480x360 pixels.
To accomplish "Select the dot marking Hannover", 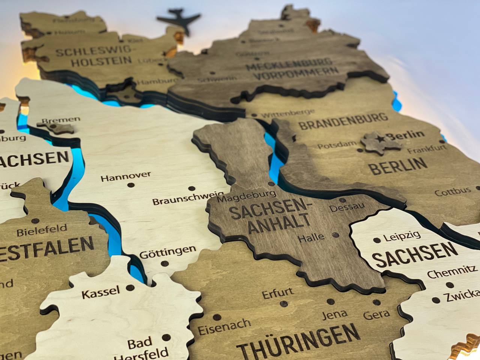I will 131,185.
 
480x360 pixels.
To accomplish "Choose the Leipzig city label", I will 402,237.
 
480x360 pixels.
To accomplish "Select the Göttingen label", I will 168,251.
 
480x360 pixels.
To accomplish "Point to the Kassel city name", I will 100,291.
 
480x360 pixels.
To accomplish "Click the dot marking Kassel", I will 130,288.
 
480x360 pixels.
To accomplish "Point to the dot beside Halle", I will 335,235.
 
